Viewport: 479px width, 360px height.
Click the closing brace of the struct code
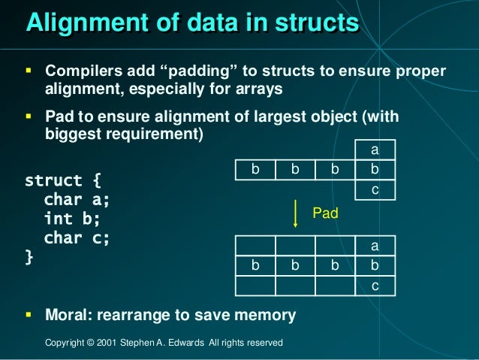[29, 257]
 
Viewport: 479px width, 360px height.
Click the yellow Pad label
[325, 214]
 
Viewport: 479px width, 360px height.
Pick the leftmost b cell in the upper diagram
[255, 171]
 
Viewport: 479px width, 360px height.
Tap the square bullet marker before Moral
[29, 314]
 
